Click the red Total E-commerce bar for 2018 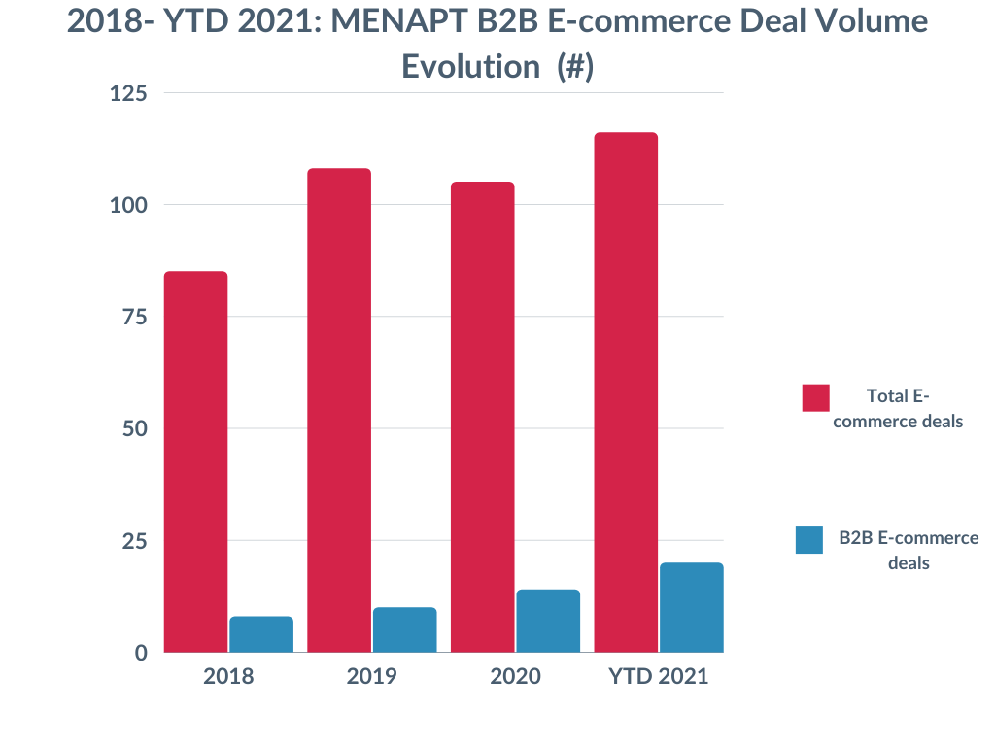tap(195, 461)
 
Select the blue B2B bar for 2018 tap(261, 634)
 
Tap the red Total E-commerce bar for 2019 tap(339, 410)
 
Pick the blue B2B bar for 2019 tap(404, 629)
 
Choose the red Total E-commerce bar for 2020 tap(482, 417)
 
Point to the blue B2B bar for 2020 tap(548, 621)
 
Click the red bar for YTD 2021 tap(626, 392)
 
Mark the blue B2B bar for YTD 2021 tap(692, 607)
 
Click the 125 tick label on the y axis tap(128, 93)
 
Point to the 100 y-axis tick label tap(128, 205)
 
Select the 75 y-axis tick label tap(134, 317)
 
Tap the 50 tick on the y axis tap(134, 428)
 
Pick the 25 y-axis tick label tap(134, 540)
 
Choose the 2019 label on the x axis tap(371, 676)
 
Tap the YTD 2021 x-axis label tap(659, 676)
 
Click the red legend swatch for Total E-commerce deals tap(815, 397)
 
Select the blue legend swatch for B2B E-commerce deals tap(809, 540)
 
